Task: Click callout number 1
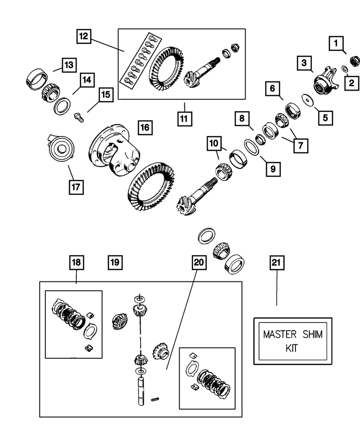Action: click(336, 43)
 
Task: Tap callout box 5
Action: click(325, 117)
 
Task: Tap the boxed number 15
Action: click(105, 94)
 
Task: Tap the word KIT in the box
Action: click(293, 349)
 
